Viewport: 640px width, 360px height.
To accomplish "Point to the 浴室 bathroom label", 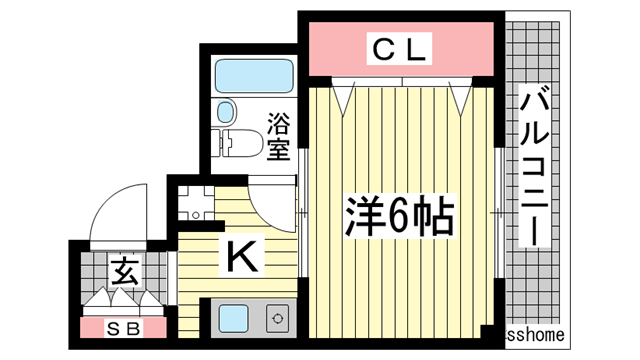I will [278, 138].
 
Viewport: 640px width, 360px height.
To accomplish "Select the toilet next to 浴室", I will [237, 145].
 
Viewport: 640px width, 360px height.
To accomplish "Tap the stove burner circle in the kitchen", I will [277, 321].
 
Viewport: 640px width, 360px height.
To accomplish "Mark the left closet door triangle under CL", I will [344, 96].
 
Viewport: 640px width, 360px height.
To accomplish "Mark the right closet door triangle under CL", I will [460, 96].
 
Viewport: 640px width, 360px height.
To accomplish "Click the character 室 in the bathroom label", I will [278, 149].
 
